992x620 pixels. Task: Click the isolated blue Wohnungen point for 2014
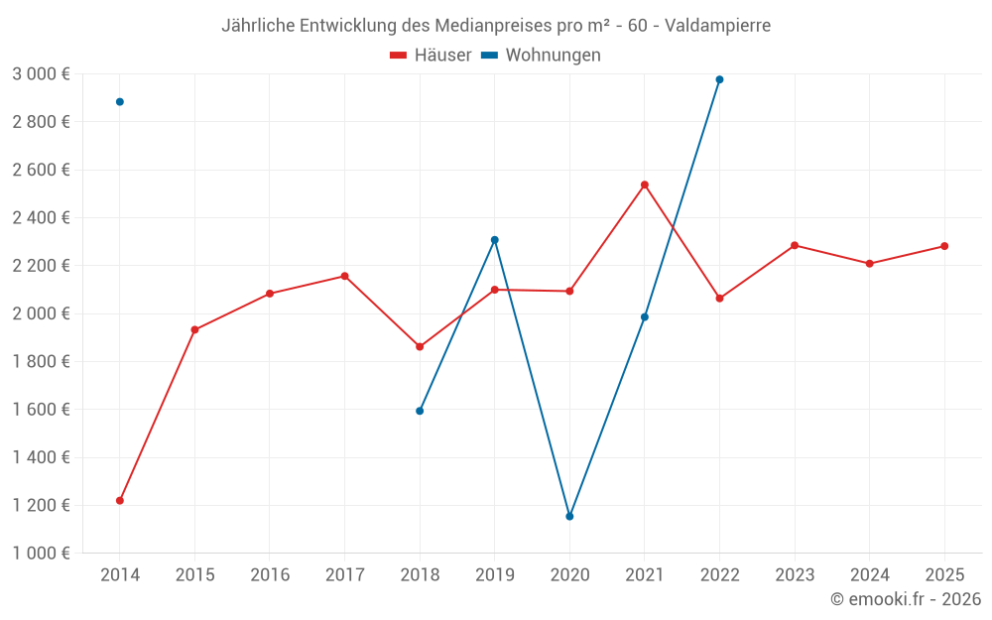[120, 102]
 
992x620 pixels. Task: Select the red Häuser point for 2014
[120, 501]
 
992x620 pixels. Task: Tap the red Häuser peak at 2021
[645, 185]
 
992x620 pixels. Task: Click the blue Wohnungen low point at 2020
[569, 517]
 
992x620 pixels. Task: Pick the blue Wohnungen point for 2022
[719, 79]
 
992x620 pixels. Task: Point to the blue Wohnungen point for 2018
[420, 411]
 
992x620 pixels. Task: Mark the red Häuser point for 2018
[420, 347]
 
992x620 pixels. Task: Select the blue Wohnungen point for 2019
[495, 240]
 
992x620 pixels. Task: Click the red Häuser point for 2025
[944, 246]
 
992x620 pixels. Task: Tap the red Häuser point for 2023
[795, 245]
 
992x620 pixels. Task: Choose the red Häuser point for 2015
[194, 329]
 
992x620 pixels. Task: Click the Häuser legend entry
[431, 56]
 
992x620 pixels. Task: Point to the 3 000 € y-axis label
[41, 74]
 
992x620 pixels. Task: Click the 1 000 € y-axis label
[41, 554]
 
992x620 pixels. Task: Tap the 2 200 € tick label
[41, 266]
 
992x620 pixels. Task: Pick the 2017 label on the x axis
[344, 575]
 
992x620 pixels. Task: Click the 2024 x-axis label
[869, 575]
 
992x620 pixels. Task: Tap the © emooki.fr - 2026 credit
[906, 599]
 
